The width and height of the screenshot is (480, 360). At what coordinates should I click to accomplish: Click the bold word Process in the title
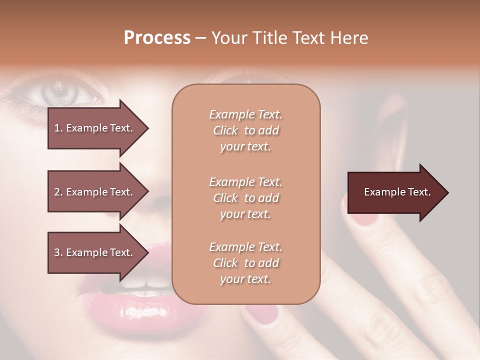pyautogui.click(x=157, y=38)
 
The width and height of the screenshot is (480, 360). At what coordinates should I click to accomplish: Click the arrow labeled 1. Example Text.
pyautogui.click(x=95, y=128)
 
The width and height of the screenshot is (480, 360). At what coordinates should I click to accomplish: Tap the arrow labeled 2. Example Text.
pyautogui.click(x=95, y=192)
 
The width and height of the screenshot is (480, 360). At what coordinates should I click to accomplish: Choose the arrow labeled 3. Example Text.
pyautogui.click(x=95, y=252)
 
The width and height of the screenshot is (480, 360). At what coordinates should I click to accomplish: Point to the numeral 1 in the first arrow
pyautogui.click(x=57, y=128)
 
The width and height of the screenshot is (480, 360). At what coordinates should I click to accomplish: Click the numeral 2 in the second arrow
pyautogui.click(x=57, y=192)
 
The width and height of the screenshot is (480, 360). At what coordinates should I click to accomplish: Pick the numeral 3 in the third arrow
pyautogui.click(x=57, y=252)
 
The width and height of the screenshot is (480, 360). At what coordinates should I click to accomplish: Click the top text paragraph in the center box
pyautogui.click(x=245, y=130)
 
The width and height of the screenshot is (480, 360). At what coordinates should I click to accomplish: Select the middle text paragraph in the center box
pyautogui.click(x=245, y=198)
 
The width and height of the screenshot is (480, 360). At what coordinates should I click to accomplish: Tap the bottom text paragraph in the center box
pyautogui.click(x=245, y=263)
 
